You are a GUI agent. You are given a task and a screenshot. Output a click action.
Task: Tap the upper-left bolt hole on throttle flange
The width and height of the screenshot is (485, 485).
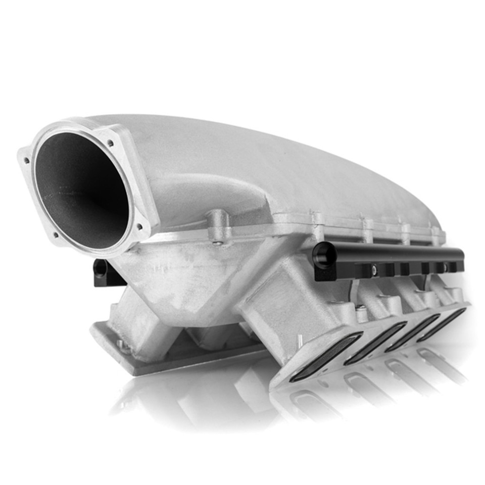(27, 160)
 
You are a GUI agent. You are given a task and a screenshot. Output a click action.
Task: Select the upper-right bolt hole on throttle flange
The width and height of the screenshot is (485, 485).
(111, 143)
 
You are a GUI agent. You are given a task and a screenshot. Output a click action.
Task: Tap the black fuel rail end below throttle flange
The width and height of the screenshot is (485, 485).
(101, 268)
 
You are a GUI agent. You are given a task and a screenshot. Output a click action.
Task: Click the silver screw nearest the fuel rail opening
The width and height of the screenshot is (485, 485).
(374, 271)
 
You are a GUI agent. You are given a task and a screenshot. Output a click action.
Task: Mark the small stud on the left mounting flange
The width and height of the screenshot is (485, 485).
(121, 344)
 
